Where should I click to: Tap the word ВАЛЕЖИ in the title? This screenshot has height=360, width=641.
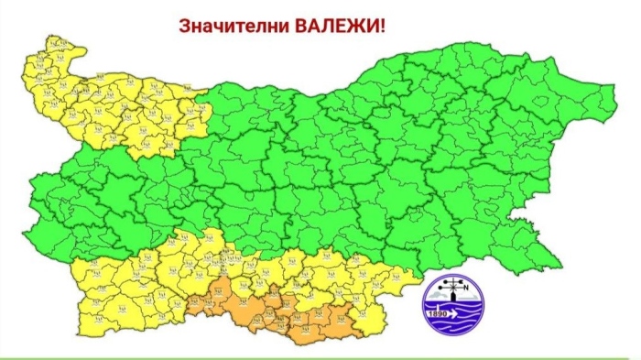pyautogui.click(x=340, y=25)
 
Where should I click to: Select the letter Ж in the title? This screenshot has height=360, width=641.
pyautogui.click(x=356, y=25)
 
